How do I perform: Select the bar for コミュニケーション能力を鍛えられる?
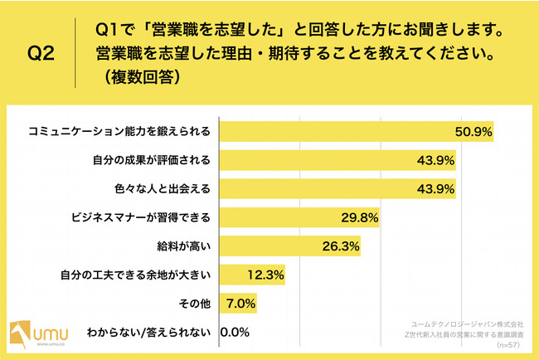pyautogui.click(x=332, y=132)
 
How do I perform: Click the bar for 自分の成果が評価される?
pyautogui.click(x=315, y=160)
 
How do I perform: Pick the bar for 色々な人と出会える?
pyautogui.click(x=315, y=189)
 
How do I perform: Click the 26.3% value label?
pyautogui.click(x=341, y=246)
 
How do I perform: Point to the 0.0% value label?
pyautogui.click(x=236, y=333)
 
